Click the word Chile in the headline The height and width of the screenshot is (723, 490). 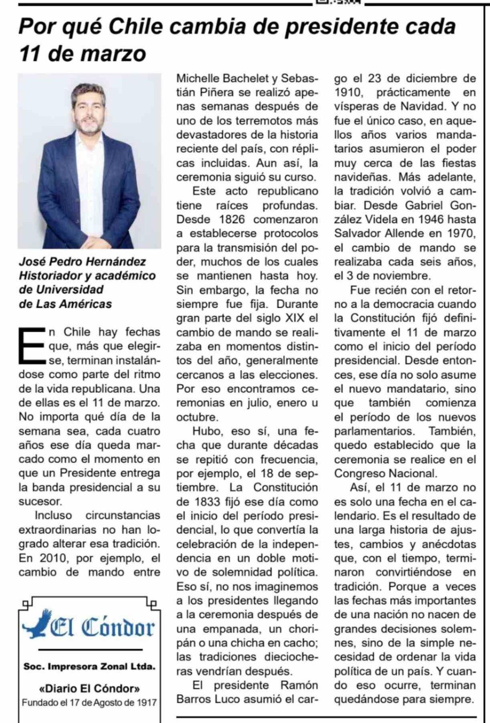(136, 27)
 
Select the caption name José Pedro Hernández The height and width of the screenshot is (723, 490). (82, 262)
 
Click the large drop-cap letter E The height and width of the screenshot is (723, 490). (31, 346)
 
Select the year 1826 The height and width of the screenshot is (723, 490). (233, 220)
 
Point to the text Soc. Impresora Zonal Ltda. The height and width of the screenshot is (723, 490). (89, 667)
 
